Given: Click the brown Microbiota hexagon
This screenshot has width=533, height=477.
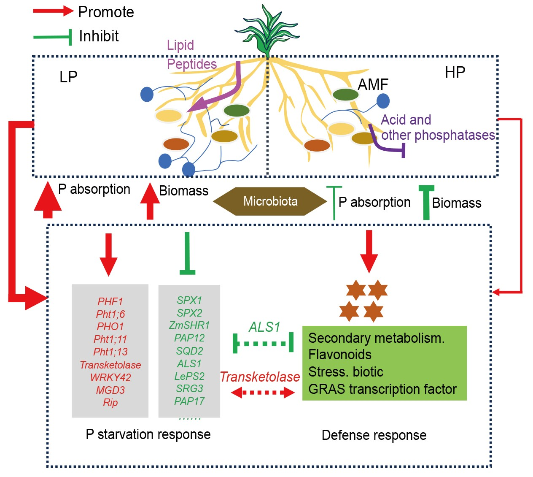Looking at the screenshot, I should pyautogui.click(x=270, y=201).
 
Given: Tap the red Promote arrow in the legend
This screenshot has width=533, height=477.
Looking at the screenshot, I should pyautogui.click(x=53, y=11).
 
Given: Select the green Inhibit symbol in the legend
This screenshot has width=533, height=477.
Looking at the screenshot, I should pyautogui.click(x=53, y=37).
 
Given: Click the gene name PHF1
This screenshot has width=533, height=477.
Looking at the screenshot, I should pyautogui.click(x=110, y=301).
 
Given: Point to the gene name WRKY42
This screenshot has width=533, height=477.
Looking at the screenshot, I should pyautogui.click(x=110, y=377).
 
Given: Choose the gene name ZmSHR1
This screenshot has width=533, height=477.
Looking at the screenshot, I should pyautogui.click(x=189, y=325).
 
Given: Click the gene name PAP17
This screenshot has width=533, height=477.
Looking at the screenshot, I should pyautogui.click(x=189, y=401).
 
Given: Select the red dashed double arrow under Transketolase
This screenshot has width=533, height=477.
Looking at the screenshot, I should pyautogui.click(x=263, y=393).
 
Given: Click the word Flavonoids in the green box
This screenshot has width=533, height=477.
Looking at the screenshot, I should pyautogui.click(x=340, y=355).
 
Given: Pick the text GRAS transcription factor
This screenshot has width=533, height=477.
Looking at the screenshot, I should pyautogui.click(x=382, y=389).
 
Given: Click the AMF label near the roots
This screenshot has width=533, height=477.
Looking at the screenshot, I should pyautogui.click(x=373, y=85).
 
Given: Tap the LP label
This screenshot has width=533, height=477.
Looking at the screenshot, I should pyautogui.click(x=68, y=77).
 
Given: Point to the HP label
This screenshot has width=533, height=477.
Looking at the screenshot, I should pyautogui.click(x=455, y=73).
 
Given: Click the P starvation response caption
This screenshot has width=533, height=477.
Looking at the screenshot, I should pyautogui.click(x=148, y=434).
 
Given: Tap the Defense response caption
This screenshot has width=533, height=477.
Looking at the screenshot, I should pyautogui.click(x=374, y=435).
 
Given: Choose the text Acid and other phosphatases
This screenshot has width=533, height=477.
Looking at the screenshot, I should pyautogui.click(x=438, y=127).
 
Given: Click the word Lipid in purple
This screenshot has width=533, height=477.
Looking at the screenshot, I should pyautogui.click(x=180, y=45).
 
